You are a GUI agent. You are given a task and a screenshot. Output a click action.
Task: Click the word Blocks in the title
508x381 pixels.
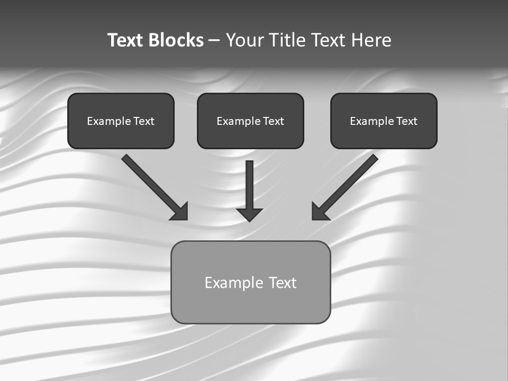[x=177, y=40]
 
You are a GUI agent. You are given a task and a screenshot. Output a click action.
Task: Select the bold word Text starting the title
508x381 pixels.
[x=126, y=40]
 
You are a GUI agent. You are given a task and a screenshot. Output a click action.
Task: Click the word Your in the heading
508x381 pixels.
[x=243, y=40]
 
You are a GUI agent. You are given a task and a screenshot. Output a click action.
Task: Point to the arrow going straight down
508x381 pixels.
[x=249, y=185]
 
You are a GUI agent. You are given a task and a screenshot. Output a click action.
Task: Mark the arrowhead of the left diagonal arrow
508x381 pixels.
[x=180, y=212]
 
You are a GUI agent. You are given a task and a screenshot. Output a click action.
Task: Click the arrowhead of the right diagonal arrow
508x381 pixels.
[x=320, y=212]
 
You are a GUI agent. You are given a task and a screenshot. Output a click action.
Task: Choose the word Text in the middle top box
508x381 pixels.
[x=273, y=121]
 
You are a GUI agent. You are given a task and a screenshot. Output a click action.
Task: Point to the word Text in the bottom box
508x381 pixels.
[x=283, y=283]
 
